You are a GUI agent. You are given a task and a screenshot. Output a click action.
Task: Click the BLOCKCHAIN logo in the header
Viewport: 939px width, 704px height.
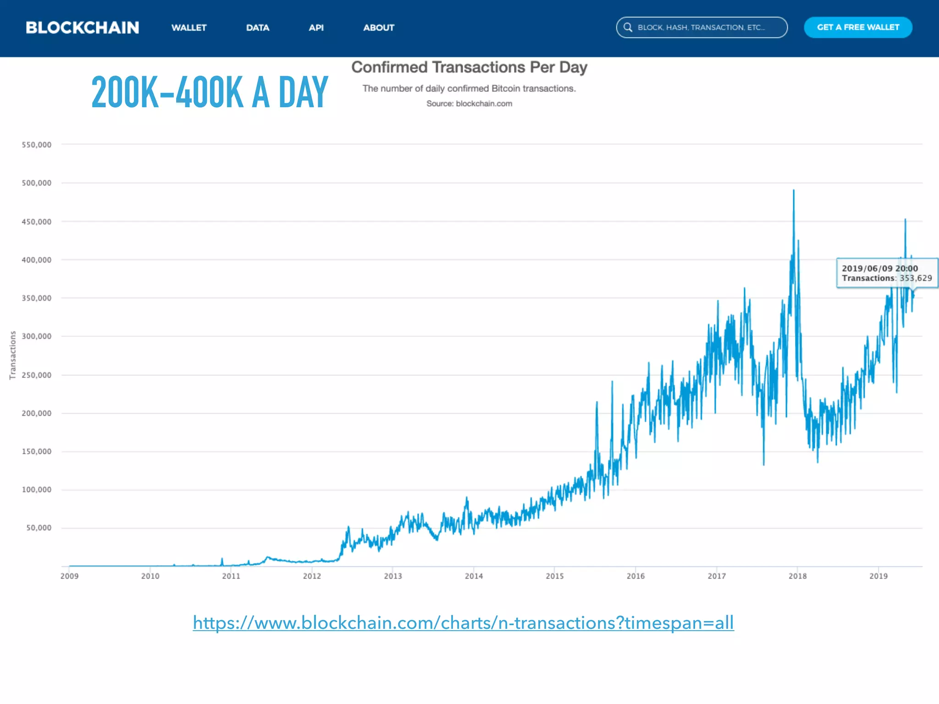point(83,27)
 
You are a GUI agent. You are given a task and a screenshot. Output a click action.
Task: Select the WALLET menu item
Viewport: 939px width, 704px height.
point(189,27)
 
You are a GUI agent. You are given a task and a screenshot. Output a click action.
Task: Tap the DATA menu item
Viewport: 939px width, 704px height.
point(258,27)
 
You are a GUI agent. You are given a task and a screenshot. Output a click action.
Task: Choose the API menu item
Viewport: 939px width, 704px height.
point(316,27)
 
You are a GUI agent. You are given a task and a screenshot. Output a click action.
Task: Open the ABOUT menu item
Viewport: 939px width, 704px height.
point(379,27)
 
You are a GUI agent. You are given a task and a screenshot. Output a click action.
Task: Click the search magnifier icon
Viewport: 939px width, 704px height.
point(628,27)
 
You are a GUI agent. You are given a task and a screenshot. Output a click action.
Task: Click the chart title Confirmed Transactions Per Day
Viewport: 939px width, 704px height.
point(469,67)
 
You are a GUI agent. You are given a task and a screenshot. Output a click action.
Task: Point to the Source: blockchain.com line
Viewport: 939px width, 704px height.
point(469,104)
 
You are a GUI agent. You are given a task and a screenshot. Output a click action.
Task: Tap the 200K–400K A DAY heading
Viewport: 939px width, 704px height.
point(210,93)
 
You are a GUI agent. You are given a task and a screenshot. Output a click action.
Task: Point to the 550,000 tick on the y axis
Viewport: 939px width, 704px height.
point(37,145)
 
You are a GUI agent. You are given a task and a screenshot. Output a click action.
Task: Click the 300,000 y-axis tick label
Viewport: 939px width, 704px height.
point(37,336)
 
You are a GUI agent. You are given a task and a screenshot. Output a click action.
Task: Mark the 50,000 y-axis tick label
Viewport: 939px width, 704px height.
point(39,528)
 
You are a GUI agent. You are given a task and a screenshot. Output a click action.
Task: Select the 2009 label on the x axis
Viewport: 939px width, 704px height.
point(69,576)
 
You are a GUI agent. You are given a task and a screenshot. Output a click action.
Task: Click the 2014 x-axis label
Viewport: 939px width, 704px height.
point(474,576)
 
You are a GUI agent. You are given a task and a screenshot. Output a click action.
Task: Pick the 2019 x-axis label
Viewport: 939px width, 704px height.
point(878,576)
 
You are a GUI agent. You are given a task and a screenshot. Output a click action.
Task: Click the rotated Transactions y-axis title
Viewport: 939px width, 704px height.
point(13,355)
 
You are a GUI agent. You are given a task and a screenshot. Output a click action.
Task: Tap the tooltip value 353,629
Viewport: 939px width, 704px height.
point(916,278)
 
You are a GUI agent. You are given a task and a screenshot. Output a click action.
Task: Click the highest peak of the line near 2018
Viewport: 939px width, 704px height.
point(794,191)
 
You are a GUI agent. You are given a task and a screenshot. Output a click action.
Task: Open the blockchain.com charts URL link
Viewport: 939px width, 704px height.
point(463,623)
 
